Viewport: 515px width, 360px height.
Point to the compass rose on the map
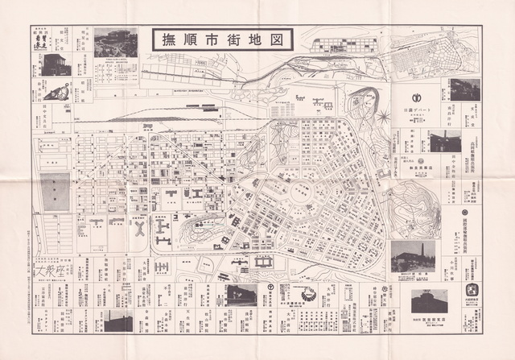point(383,118)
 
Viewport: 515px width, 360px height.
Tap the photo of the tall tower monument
point(413,257)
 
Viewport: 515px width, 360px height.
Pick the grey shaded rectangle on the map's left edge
point(55,192)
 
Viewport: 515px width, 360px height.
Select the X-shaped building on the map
point(138,228)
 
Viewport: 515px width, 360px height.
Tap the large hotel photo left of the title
point(116,43)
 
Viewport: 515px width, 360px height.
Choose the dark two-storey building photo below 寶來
point(55,65)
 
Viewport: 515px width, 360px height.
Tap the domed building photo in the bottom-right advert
point(429,301)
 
